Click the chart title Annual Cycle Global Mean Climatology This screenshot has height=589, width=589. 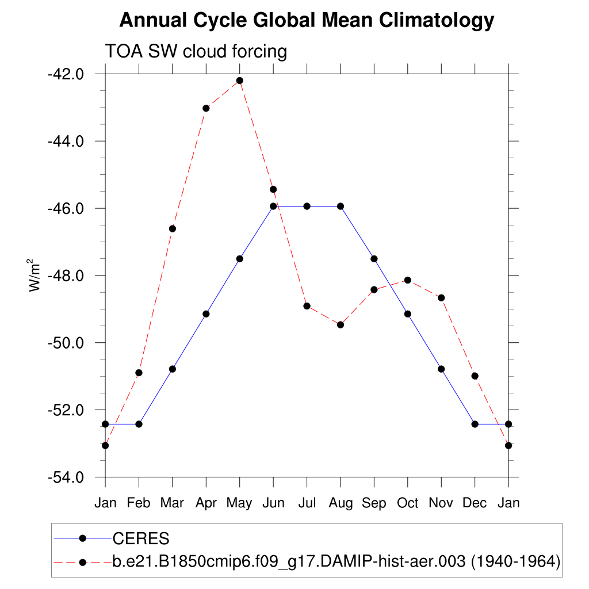pos(306,21)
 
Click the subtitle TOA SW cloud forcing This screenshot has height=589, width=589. pos(196,52)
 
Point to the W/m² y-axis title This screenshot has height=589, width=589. pos(35,275)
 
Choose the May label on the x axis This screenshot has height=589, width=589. pos(239,503)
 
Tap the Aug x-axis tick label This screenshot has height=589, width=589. pos(341,503)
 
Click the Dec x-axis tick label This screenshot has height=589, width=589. pos(475,503)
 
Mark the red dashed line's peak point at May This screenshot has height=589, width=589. pos(239,81)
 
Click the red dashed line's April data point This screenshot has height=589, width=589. pos(206,108)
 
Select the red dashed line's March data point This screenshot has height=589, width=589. pos(172,228)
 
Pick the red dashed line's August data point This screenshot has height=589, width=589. pos(341,324)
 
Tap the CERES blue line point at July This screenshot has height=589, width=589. pos(307,206)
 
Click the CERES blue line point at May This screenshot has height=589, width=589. pos(239,259)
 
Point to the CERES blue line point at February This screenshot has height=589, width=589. pos(139,424)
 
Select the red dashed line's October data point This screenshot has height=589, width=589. pos(408,280)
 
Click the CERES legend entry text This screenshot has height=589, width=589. pos(141,539)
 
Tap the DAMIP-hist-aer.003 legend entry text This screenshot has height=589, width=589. pos(336,561)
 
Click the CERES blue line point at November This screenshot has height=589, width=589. pos(441,369)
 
